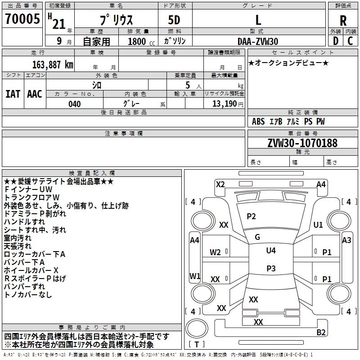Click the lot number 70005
22,19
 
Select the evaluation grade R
343,21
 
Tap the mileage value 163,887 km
53,65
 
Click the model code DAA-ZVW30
258,41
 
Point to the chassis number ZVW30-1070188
302,143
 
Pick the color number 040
75,104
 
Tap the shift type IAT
13,94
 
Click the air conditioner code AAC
35,94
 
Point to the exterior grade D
336,41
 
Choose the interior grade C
350,41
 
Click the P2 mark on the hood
251,216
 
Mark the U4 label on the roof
271,251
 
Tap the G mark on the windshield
257,237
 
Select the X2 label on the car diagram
220,184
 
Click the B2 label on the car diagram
321,332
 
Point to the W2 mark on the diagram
215,252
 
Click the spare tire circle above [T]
197,328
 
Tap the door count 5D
174,20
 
